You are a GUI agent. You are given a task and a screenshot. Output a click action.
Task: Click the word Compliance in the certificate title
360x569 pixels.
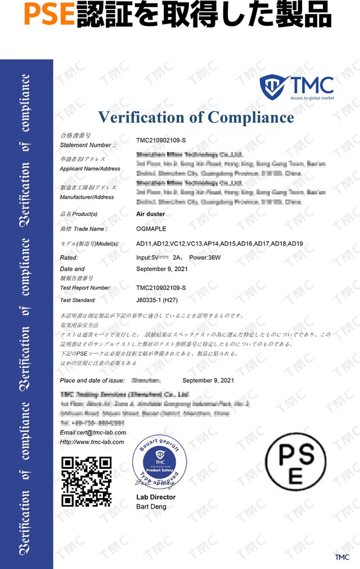click(250, 117)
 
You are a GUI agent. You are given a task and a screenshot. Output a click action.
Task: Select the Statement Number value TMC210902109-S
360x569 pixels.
click(161, 139)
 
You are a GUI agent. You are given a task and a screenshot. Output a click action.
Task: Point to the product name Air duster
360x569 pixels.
click(151, 214)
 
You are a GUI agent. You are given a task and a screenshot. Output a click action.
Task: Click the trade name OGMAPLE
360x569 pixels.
click(151, 229)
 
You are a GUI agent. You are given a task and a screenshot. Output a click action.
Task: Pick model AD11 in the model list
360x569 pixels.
click(144, 243)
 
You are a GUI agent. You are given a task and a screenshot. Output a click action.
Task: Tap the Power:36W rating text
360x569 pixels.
click(205, 258)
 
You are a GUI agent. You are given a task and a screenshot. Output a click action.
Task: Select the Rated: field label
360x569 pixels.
click(69, 258)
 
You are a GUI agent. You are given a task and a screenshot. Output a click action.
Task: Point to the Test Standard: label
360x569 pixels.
click(78, 300)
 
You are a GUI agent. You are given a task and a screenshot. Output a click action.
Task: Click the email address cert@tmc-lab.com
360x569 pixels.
click(93, 432)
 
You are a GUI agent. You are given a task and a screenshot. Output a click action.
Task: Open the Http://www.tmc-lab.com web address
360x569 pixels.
click(92, 442)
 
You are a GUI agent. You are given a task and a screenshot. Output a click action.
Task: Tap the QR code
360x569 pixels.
click(86, 481)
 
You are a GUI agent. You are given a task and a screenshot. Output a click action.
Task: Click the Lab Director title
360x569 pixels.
click(156, 497)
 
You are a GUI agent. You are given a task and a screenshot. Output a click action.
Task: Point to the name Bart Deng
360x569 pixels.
click(151, 507)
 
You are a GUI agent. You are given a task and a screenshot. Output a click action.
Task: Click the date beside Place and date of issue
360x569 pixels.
click(208, 381)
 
